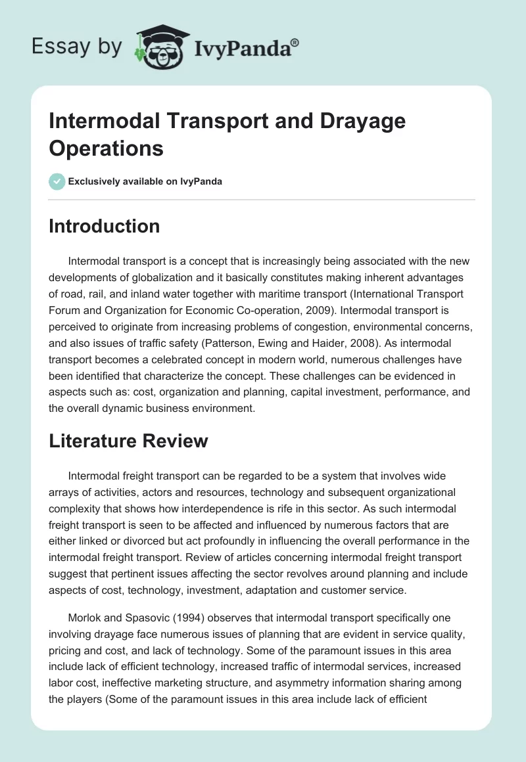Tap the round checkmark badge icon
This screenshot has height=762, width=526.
coord(57,181)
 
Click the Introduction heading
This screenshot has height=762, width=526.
coord(105,226)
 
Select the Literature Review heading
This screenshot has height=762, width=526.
coord(128,441)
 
